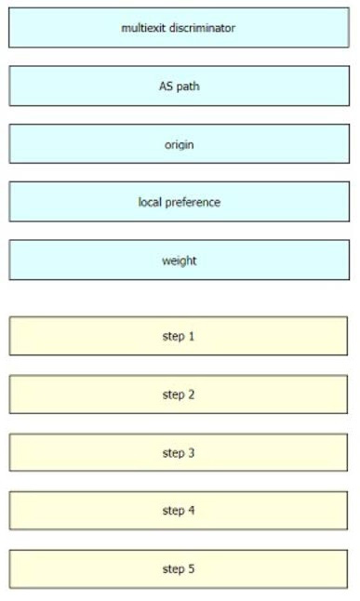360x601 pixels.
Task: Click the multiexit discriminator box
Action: (x=179, y=28)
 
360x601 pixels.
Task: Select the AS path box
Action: (x=179, y=86)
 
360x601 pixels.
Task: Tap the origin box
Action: (x=179, y=143)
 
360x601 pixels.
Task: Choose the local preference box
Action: (x=179, y=202)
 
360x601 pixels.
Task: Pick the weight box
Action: (x=179, y=260)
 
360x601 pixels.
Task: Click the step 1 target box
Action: (x=179, y=336)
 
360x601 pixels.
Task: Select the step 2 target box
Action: (x=179, y=394)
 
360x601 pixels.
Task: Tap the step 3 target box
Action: (x=179, y=453)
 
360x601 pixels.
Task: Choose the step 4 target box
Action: (x=179, y=511)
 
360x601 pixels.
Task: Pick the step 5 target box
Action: (x=179, y=568)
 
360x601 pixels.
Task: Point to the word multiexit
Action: (x=143, y=28)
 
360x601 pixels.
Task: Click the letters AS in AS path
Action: (x=166, y=86)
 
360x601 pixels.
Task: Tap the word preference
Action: (x=193, y=203)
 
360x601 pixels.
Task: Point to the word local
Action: (x=150, y=202)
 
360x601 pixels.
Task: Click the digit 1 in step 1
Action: (x=192, y=336)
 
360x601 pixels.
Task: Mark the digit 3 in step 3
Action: (x=192, y=453)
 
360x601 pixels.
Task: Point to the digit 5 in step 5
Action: (x=192, y=568)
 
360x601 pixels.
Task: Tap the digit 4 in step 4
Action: (x=192, y=511)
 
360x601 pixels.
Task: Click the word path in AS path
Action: (x=188, y=87)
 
